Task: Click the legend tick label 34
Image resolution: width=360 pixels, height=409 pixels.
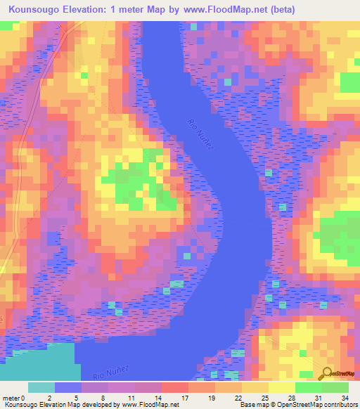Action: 343,397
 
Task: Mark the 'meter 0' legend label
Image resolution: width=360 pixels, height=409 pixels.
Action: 14,397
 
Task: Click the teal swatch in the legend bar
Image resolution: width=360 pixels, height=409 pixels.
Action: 41,387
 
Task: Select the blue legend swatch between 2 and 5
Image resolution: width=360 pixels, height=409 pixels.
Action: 68,387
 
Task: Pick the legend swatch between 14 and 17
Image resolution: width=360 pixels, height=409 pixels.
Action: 175,387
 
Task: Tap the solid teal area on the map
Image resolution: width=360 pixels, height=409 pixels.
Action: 35,362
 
